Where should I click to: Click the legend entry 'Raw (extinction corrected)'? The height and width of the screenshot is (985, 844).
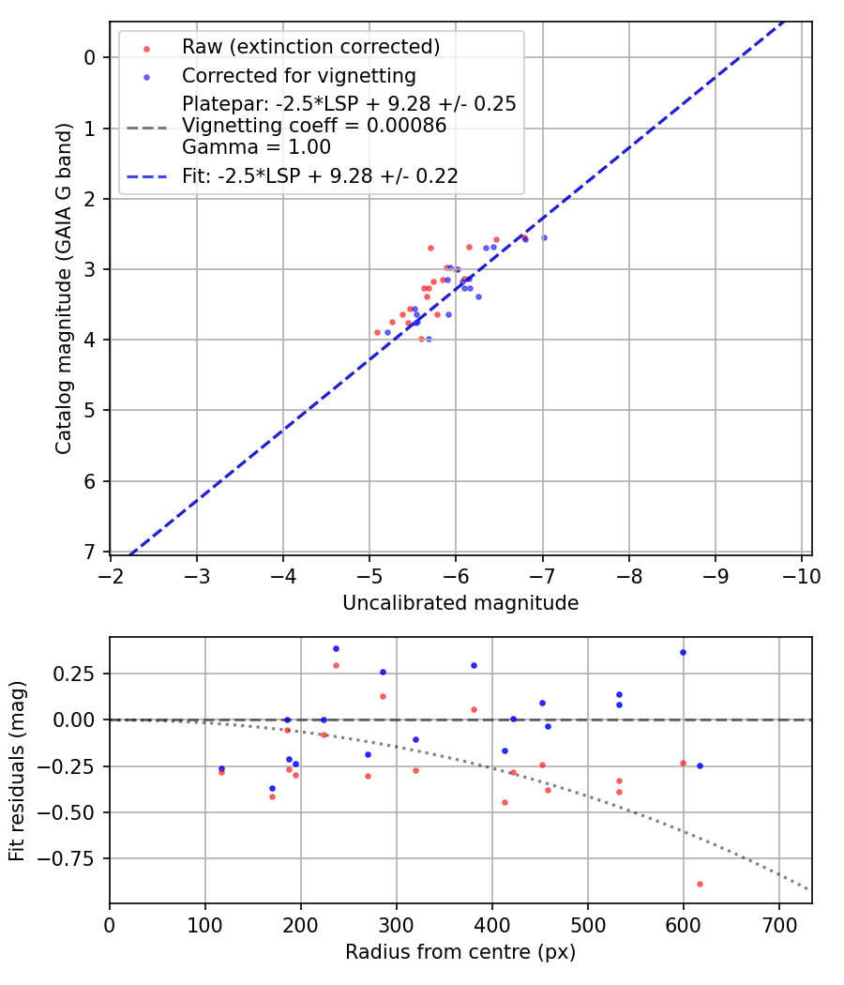pyautogui.click(x=310, y=47)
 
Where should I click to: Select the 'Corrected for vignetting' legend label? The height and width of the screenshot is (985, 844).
pyautogui.click(x=298, y=75)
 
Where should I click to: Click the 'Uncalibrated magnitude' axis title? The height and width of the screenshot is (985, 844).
pyautogui.click(x=460, y=603)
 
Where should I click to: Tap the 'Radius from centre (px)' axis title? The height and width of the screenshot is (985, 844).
pyautogui.click(x=460, y=952)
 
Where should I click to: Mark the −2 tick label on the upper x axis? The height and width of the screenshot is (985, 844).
pyautogui.click(x=111, y=574)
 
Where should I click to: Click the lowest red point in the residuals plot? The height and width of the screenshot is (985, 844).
pyautogui.click(x=700, y=884)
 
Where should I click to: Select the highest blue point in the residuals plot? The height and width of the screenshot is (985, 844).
pyautogui.click(x=336, y=648)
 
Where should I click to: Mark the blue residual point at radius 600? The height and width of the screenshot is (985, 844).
pyautogui.click(x=683, y=652)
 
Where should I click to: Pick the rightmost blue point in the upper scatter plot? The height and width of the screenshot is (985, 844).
pyautogui.click(x=544, y=237)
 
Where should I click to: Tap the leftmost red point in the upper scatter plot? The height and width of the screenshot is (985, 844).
pyautogui.click(x=377, y=332)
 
